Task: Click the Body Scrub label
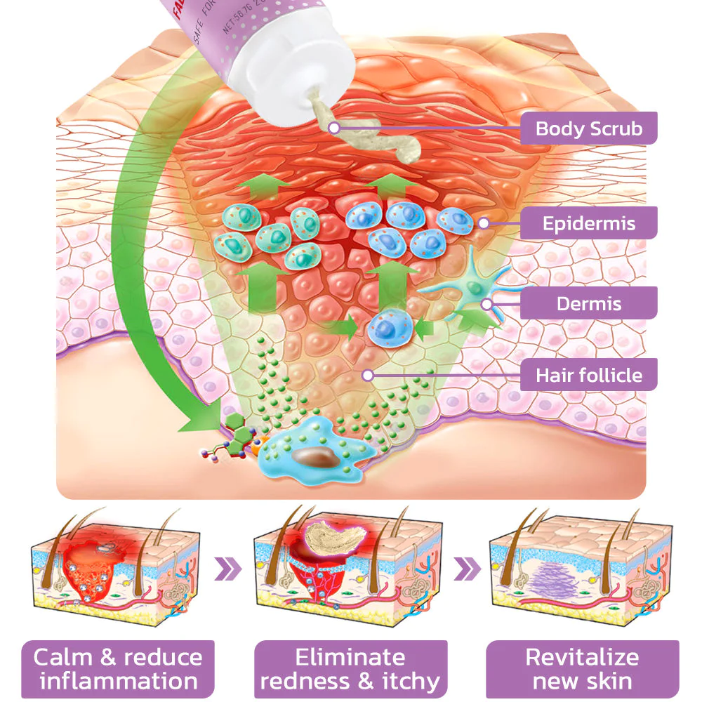click(588, 128)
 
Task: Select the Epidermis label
click(588, 223)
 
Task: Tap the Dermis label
click(588, 304)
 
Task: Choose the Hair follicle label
click(588, 374)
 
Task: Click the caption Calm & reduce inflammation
click(118, 668)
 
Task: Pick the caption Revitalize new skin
click(582, 668)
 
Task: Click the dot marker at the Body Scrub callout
click(334, 128)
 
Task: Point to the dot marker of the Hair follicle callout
click(366, 376)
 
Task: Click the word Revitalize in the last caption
click(582, 657)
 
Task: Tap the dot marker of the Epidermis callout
click(483, 223)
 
